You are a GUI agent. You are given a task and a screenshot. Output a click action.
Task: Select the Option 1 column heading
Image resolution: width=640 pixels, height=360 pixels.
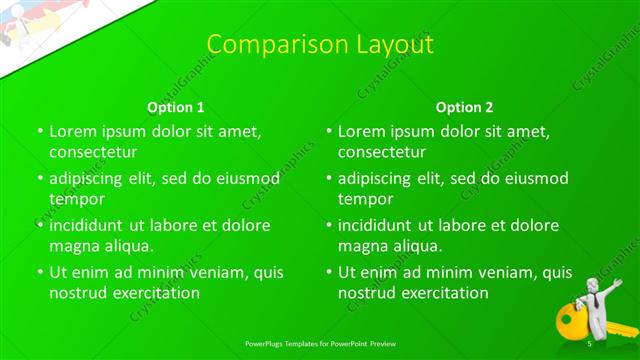pos(176,107)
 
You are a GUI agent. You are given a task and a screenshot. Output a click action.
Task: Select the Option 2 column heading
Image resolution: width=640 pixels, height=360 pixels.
pos(464,107)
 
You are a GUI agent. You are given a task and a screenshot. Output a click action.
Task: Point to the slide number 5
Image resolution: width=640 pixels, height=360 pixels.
pos(590,343)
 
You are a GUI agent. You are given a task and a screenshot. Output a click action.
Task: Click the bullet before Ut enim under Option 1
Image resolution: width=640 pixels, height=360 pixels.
pos(40,272)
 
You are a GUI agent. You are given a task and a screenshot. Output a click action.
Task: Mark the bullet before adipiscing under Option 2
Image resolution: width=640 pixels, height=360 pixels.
pos(329,179)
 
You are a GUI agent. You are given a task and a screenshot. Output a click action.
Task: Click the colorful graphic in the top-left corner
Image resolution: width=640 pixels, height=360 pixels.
pos(25,25)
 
